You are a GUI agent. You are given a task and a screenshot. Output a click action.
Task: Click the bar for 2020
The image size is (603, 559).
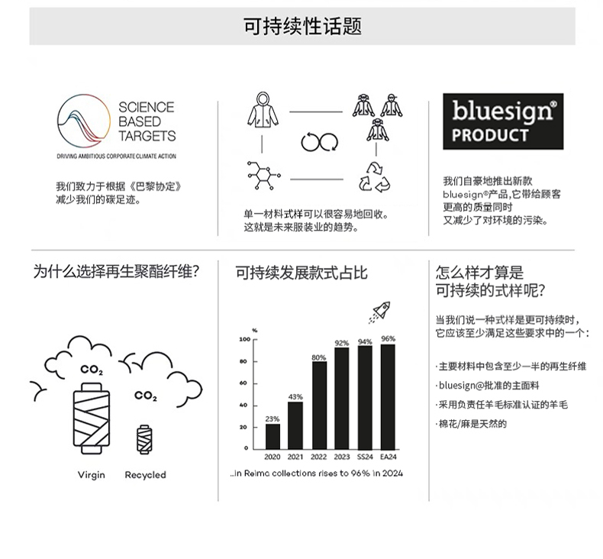(x=272, y=436)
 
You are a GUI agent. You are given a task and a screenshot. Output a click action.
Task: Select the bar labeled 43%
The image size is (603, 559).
(x=295, y=425)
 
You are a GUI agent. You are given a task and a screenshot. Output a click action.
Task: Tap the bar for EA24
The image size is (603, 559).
(x=388, y=396)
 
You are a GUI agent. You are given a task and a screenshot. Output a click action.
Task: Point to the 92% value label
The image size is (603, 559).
(x=341, y=343)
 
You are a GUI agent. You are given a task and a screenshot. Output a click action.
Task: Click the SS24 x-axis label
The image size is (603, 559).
(x=365, y=457)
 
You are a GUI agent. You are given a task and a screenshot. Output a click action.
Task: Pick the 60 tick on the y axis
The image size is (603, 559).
(x=243, y=383)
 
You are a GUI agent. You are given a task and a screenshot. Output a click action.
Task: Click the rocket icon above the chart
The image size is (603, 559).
(x=379, y=312)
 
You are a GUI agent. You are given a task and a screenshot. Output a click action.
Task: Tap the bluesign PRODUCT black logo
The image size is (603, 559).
(x=503, y=121)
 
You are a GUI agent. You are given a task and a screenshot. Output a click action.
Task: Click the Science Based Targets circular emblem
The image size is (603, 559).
(x=83, y=121)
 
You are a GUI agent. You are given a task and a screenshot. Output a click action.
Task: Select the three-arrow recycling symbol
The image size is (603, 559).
(x=374, y=177)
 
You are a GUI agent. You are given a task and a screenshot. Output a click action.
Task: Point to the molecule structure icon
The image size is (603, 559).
(x=263, y=176)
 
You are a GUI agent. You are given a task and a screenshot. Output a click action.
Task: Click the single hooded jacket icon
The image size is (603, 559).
(x=263, y=110)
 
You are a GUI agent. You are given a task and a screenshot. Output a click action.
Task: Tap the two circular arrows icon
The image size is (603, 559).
(x=319, y=142)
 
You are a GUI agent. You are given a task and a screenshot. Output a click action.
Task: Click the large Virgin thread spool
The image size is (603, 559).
(x=92, y=418)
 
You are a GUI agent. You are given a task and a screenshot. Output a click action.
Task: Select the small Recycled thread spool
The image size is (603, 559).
(x=144, y=440)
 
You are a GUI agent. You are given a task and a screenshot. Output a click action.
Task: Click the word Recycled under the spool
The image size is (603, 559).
(x=145, y=475)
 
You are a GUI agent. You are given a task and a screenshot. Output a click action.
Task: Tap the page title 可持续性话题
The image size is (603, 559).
(x=302, y=26)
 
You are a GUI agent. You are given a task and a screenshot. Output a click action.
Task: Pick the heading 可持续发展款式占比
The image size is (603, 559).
(x=301, y=273)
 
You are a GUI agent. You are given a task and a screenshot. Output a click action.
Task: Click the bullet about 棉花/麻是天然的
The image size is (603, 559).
(x=472, y=424)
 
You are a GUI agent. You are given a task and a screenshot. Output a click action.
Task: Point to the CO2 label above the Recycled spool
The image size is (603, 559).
(x=145, y=396)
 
